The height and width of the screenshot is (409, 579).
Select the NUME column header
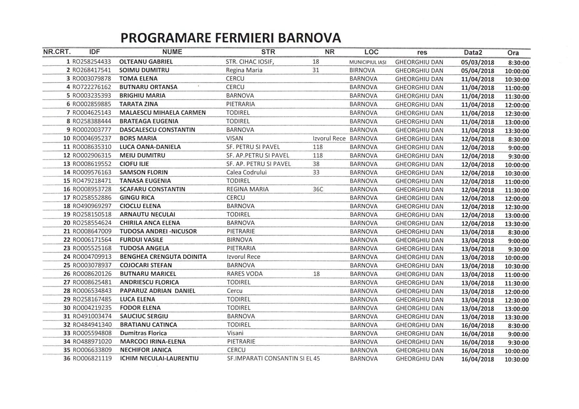point(172,52)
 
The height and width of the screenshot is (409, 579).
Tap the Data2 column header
point(473,52)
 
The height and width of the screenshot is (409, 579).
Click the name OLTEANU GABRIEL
point(146,62)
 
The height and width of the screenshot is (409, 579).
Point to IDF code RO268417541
point(92,70)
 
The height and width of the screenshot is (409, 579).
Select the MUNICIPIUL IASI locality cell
point(367,62)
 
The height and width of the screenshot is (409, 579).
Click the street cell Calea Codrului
point(246,172)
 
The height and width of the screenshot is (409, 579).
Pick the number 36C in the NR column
point(318,189)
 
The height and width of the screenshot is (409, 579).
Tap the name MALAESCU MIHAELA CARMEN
point(162,112)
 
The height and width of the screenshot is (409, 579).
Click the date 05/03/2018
point(477,63)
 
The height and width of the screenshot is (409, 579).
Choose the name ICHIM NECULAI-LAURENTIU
point(159,359)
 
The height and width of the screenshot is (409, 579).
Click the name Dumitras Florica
point(143,333)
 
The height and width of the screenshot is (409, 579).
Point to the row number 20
point(67,223)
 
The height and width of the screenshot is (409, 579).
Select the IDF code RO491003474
point(92,316)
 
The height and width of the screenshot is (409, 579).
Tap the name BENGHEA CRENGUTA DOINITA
point(163,257)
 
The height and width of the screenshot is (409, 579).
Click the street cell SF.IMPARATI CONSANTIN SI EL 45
point(273,359)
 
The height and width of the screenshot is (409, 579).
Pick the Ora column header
point(513,53)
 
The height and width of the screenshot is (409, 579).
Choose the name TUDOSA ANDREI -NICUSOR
point(158,231)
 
